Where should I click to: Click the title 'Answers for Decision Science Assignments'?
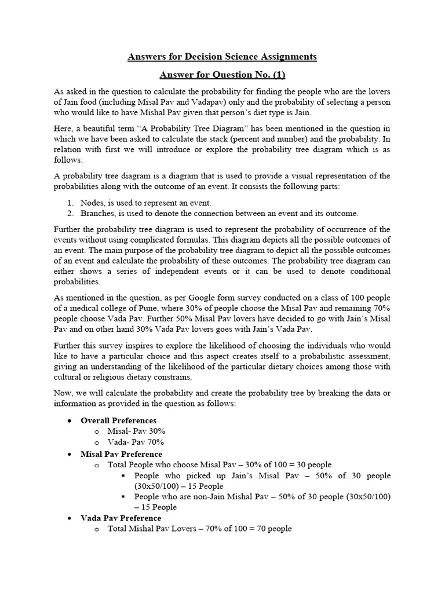[222, 56]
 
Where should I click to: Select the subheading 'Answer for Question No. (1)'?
[222, 75]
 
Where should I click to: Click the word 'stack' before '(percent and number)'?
[261, 138]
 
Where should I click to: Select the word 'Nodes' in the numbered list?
[92, 203]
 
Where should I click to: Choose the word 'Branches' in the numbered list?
[97, 213]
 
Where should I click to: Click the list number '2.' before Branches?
[70, 213]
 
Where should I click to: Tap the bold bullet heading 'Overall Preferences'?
[118, 420]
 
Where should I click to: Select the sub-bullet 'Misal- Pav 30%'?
[137, 431]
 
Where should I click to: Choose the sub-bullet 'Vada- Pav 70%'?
[136, 442]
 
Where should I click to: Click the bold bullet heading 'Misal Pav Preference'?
[121, 454]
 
